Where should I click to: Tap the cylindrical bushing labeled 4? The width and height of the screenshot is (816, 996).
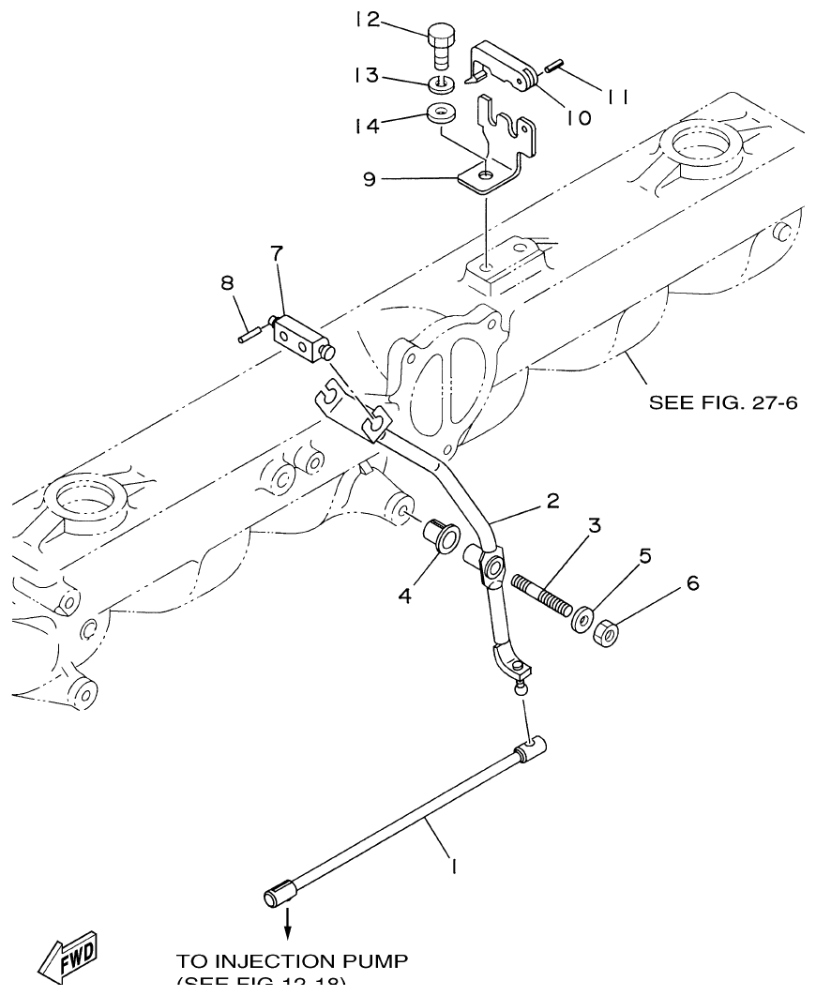442,539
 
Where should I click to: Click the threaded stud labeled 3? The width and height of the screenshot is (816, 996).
543,596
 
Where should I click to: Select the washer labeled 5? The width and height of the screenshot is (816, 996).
582,621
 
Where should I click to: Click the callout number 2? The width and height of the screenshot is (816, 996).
552,501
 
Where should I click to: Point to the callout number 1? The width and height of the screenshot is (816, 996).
453,868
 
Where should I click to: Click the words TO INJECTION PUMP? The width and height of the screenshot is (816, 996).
292,962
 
